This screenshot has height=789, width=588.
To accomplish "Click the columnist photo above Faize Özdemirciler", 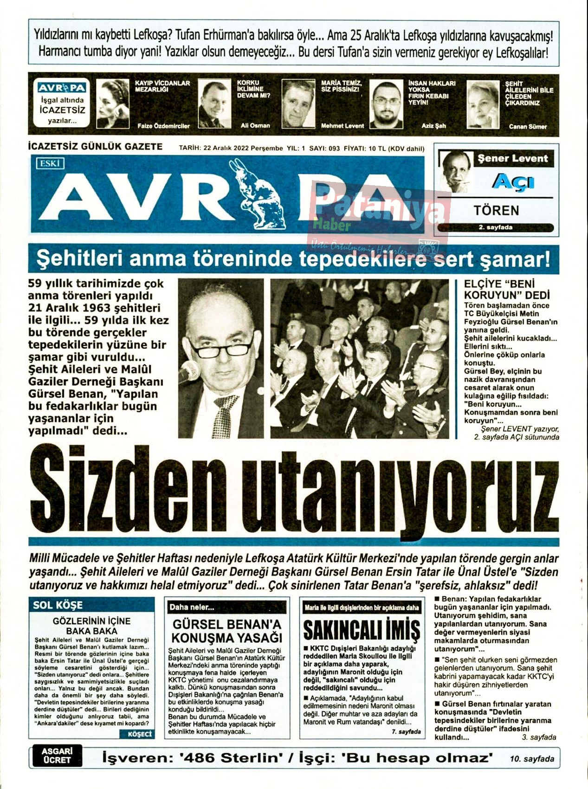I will click(112, 103).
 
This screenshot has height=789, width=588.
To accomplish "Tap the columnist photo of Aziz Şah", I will click(386, 104).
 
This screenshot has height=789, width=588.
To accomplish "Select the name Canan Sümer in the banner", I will click(528, 126).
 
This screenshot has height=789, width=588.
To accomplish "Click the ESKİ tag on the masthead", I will click(50, 163).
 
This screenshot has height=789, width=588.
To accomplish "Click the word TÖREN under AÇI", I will click(496, 211).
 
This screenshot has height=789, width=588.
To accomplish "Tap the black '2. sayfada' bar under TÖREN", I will click(496, 227).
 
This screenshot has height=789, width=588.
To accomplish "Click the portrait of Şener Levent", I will click(456, 171).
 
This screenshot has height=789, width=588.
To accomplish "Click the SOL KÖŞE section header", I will click(58, 605).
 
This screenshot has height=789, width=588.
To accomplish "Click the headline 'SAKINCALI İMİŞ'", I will click(362, 630).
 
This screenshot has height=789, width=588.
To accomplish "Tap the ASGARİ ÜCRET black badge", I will click(57, 755).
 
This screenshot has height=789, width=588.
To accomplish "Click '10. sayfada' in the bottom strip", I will click(532, 759).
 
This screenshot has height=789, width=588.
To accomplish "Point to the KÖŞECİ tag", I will click(140, 734).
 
